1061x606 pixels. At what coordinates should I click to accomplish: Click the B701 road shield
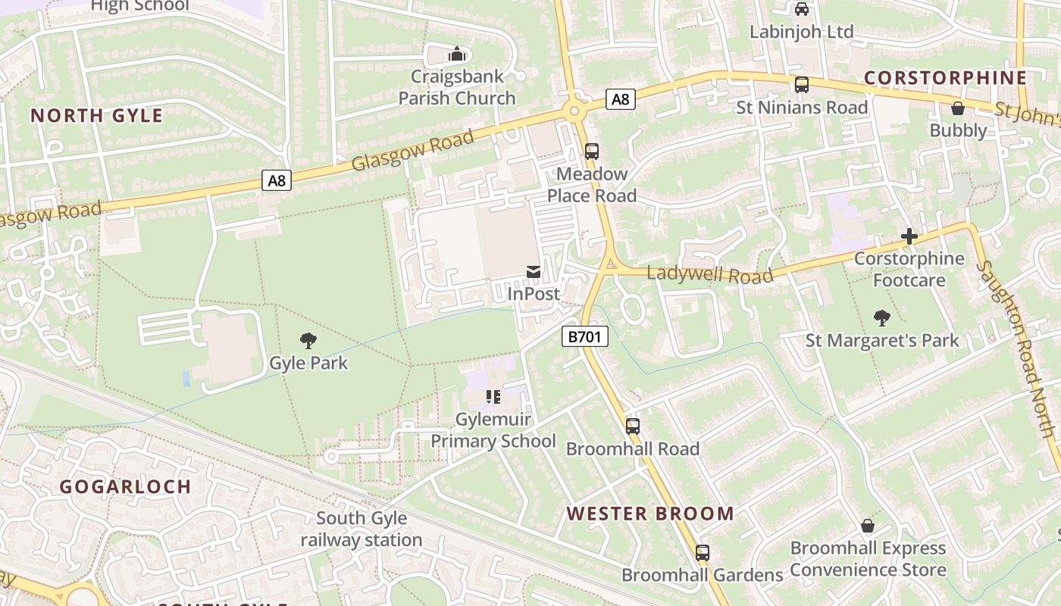[585, 336]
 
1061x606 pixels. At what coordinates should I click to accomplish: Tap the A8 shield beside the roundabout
[620, 98]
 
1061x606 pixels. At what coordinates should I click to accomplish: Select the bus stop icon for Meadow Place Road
[592, 151]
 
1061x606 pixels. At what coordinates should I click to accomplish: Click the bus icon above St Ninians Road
[802, 85]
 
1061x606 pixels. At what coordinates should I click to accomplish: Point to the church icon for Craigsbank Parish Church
[456, 54]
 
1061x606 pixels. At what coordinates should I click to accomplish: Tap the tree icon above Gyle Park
[308, 340]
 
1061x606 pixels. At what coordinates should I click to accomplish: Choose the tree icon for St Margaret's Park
[881, 317]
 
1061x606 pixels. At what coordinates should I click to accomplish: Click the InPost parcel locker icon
[534, 272]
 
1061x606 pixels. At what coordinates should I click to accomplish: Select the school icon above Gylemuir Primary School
[493, 397]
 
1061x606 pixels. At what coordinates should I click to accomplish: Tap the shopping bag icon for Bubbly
[958, 108]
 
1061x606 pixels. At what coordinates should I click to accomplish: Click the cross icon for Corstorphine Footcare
[909, 236]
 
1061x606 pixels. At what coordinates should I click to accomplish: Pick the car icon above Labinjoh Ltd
[801, 9]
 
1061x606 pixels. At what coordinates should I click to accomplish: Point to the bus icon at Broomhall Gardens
[703, 553]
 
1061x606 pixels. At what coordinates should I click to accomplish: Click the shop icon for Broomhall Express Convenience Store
[868, 526]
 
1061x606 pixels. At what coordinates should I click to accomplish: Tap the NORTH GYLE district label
[96, 116]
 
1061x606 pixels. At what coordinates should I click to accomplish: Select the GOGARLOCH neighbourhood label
[125, 486]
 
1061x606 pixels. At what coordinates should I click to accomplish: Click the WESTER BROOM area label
[650, 514]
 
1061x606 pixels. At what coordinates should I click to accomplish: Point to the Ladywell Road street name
[710, 273]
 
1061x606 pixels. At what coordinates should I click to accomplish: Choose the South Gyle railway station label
[361, 529]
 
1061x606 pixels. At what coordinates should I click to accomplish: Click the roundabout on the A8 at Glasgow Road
[574, 112]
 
